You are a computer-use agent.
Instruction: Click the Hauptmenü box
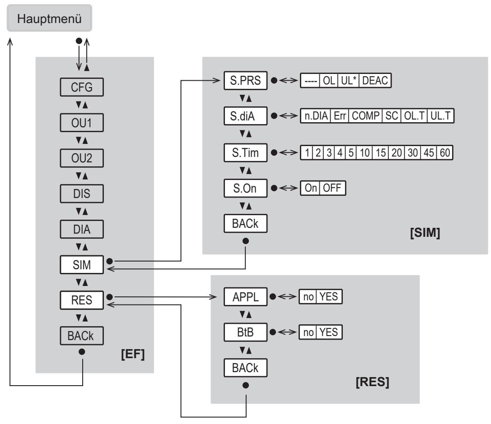(50, 18)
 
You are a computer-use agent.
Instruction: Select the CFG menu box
(82, 87)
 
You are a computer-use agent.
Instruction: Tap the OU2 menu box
(82, 158)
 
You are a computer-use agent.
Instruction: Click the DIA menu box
(82, 229)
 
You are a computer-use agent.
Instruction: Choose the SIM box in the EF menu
(82, 265)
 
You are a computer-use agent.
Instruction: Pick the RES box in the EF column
(82, 300)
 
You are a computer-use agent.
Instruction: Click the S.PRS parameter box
(246, 80)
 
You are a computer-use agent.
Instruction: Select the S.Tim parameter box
(246, 152)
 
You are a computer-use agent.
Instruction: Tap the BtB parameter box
(246, 332)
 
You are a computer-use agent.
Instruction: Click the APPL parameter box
(246, 297)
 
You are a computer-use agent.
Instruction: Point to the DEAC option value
(375, 80)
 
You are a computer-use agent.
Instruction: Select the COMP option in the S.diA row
(365, 115)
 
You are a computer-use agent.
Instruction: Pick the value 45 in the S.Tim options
(429, 152)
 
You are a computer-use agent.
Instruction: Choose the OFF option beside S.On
(332, 188)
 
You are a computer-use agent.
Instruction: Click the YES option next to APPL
(329, 296)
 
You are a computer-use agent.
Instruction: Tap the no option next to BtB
(308, 332)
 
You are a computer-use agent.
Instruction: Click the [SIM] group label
(425, 233)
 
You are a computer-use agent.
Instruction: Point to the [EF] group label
(133, 354)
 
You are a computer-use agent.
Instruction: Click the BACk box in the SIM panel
(246, 224)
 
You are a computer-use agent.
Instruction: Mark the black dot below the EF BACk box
(82, 352)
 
